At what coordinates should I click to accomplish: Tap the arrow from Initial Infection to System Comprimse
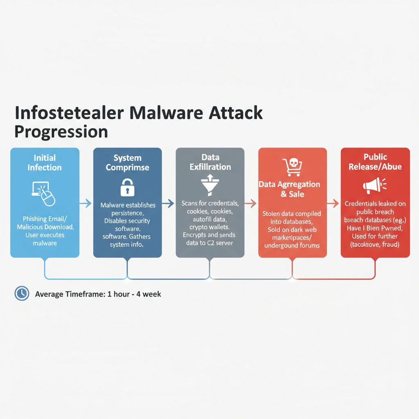click(86, 203)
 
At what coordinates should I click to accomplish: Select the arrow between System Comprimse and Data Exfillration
click(169, 203)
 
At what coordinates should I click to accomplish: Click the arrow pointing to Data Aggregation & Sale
click(251, 203)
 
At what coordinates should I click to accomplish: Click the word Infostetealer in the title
click(68, 113)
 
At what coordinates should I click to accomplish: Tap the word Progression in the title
click(61, 132)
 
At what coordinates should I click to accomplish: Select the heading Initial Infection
click(45, 162)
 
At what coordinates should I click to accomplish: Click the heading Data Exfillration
click(210, 162)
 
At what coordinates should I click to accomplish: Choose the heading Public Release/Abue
click(375, 162)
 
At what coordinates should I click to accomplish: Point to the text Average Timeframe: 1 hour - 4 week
click(98, 294)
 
